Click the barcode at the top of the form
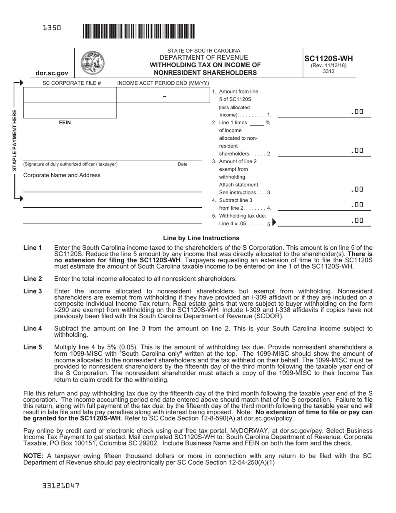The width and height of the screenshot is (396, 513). point(139,31)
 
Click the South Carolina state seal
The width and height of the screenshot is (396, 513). point(92,63)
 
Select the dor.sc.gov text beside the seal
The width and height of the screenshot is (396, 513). point(52,73)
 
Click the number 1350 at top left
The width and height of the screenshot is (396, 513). point(52,28)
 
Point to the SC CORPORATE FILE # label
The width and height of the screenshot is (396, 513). point(72,83)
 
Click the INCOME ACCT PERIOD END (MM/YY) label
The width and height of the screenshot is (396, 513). point(163,83)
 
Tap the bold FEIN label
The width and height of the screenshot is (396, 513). point(65,123)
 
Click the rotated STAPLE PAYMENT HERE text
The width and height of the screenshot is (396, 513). point(15,140)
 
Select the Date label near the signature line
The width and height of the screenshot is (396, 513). point(183,164)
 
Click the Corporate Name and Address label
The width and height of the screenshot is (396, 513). point(62,175)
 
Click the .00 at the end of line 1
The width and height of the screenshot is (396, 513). point(357,112)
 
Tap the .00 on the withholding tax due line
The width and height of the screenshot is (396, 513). point(357,221)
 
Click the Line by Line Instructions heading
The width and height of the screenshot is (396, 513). point(201,238)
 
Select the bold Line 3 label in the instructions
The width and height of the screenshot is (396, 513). point(33,291)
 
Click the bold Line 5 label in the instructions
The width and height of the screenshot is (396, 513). point(33,347)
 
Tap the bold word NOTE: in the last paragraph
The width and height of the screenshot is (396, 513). point(33,456)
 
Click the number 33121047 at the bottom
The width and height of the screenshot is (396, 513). point(61,486)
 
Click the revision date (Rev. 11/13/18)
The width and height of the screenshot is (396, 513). point(328,65)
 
